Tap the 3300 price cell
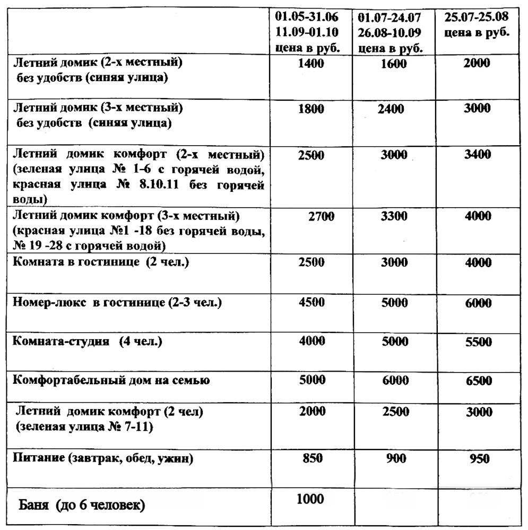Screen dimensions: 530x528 394,216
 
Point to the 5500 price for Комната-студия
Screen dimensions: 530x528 478,342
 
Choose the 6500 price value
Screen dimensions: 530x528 478,381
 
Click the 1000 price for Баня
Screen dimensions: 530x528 310,498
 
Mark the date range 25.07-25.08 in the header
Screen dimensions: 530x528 476,17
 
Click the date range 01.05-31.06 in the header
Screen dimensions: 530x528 307,17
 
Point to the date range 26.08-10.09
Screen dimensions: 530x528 389,33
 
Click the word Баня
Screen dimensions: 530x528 36,505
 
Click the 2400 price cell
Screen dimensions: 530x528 391,110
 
